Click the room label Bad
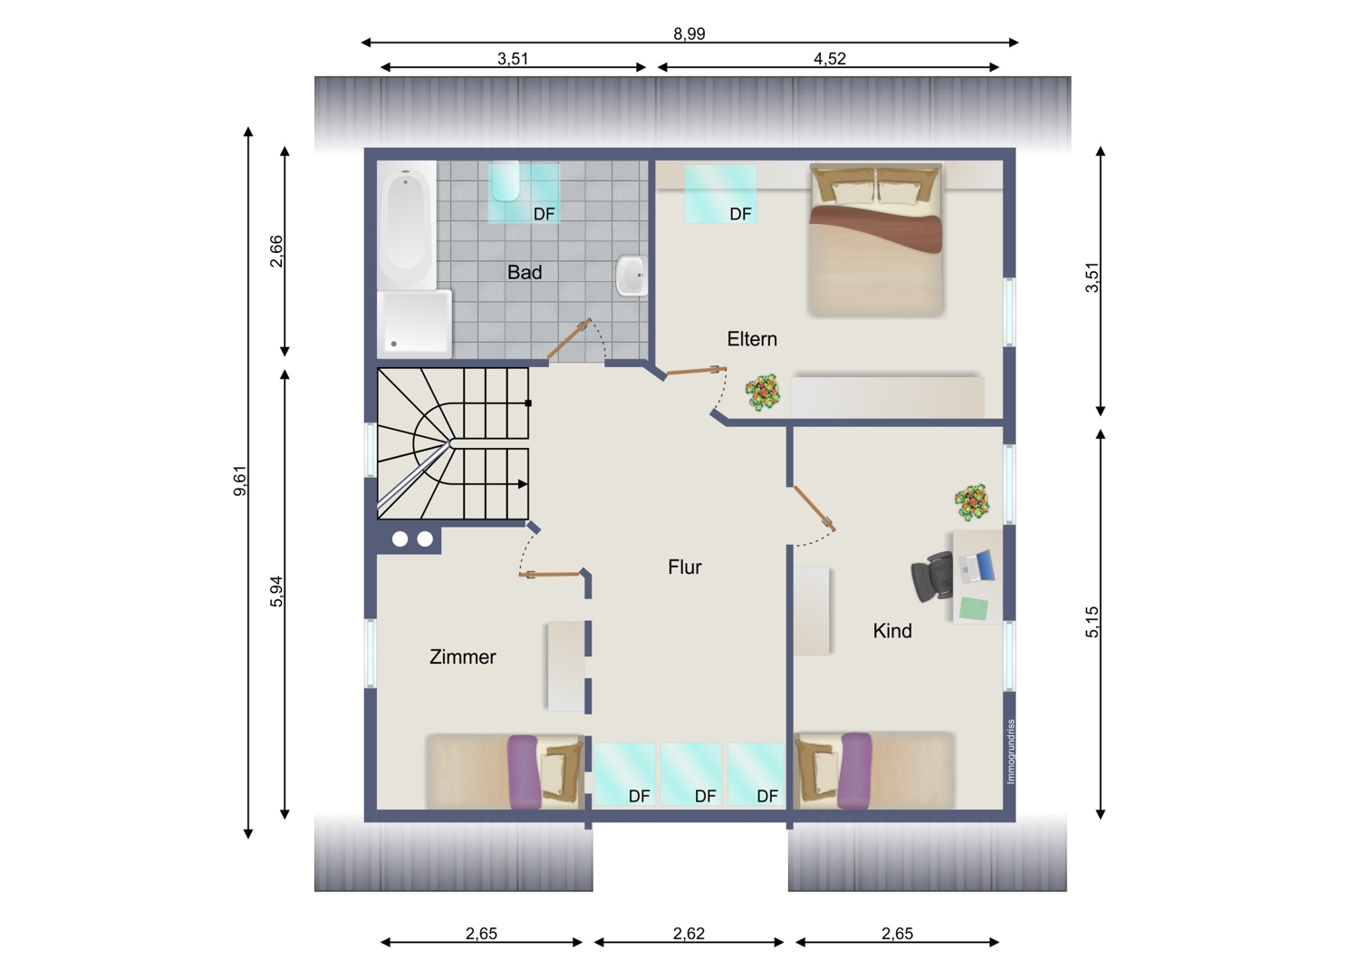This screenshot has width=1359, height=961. (x=525, y=272)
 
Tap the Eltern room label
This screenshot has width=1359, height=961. (x=752, y=339)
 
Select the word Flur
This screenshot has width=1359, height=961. (x=684, y=567)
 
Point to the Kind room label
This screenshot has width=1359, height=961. (x=892, y=631)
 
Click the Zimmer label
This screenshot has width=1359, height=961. (x=462, y=657)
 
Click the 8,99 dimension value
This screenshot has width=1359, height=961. (x=689, y=34)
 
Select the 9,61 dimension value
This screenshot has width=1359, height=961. (x=240, y=480)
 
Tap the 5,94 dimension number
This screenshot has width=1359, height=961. (x=276, y=591)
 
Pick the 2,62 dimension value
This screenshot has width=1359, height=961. (x=689, y=933)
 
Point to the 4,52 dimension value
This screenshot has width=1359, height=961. (x=829, y=59)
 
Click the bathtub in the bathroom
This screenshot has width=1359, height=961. (x=406, y=225)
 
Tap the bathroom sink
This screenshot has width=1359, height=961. (x=631, y=276)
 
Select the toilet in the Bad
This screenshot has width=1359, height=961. (x=506, y=181)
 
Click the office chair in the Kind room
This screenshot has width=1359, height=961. (x=931, y=576)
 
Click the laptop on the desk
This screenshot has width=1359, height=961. (x=976, y=566)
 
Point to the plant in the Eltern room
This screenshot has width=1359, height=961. (x=762, y=393)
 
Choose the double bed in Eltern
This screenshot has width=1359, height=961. (x=875, y=239)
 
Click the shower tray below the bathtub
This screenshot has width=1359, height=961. (x=414, y=324)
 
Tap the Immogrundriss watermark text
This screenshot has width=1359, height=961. (x=1010, y=752)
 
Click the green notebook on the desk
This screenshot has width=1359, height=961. (x=974, y=608)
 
